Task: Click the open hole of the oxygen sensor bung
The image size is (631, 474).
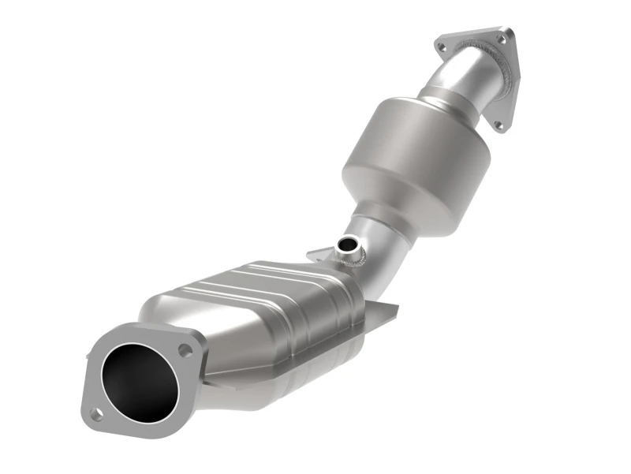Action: point(345,245)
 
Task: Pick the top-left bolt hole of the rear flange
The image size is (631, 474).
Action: point(441,48)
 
